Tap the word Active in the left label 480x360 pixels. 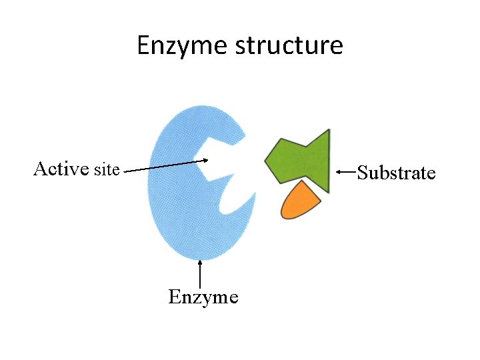pos(61,169)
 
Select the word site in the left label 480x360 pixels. pos(107,169)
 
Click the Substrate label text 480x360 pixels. pos(396,173)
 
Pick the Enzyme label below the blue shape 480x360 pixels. pos(203,297)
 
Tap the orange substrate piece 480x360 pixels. pos(300,202)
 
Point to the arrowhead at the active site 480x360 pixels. pos(206,159)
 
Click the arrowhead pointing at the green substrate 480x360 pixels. pos(339,172)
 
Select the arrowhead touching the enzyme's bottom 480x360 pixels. pos(200,264)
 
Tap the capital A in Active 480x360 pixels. pos(40,169)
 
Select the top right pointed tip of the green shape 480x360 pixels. pos(328,131)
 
